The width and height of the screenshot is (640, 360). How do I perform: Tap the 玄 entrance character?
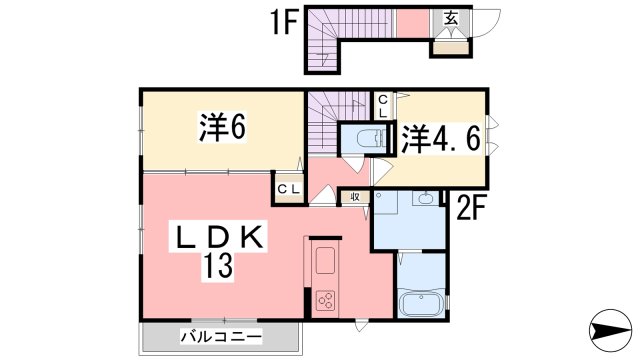(x=451, y=17)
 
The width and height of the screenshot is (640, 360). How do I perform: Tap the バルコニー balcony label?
(x=221, y=337)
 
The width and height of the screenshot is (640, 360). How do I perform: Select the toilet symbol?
(x=362, y=137)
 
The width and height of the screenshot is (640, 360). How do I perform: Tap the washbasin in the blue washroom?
(x=424, y=198)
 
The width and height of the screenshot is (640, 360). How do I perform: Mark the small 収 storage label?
(x=355, y=198)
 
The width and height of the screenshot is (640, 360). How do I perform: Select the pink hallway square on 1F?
(x=411, y=23)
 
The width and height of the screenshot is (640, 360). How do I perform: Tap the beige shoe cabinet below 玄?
(x=450, y=46)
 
